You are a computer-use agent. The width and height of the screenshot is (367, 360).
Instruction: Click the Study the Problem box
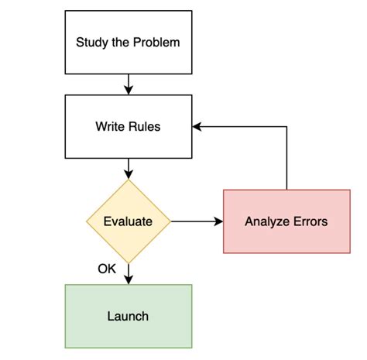pos(128,42)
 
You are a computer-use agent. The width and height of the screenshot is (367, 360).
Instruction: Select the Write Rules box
pos(128,126)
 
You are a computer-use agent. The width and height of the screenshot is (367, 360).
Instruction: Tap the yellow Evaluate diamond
pos(128,221)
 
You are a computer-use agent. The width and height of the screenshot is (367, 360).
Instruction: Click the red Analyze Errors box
pos(286,221)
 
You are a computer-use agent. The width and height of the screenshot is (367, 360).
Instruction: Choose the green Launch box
pos(128,316)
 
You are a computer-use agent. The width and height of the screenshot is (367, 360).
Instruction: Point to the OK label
pos(107,269)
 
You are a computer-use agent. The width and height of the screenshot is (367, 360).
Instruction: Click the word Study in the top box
pos(91,42)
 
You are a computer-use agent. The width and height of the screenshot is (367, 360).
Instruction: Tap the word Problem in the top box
pos(156,42)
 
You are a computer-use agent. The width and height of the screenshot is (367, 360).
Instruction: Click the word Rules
pos(145,126)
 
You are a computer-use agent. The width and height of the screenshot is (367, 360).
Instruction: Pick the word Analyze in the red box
pos(266,221)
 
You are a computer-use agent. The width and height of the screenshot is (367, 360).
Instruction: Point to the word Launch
pos(128,316)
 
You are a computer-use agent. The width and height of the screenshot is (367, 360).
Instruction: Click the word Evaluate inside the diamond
pos(128,221)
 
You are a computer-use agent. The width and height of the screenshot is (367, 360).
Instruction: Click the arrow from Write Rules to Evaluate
pos(128,167)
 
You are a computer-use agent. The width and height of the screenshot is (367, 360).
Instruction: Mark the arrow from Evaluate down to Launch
pos(128,273)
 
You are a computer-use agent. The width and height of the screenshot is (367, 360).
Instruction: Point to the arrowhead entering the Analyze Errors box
pos(218,221)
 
